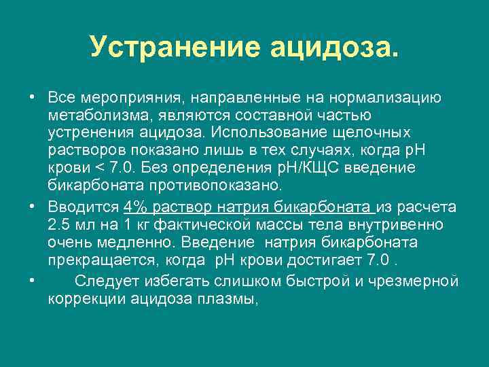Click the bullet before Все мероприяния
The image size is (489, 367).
point(33,98)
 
